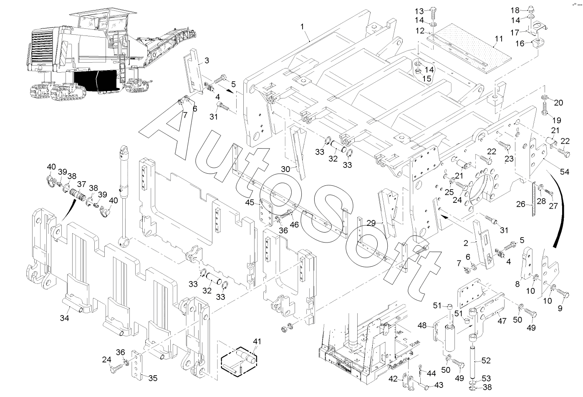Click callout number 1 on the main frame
coord(303,26)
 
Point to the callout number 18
coord(515,10)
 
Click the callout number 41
coord(256,341)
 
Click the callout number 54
coord(564,172)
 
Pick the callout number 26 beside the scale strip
coord(520,205)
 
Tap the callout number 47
coord(502,321)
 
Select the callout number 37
coord(81,184)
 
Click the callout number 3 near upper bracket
coord(207,61)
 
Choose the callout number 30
coord(285,169)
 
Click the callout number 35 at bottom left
coord(153,379)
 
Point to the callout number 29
coord(371,224)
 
